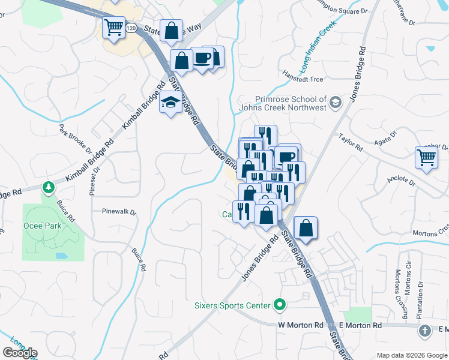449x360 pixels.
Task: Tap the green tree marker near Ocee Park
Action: (47, 188)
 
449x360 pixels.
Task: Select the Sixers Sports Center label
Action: (232, 305)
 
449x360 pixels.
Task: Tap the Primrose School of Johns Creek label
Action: (282, 103)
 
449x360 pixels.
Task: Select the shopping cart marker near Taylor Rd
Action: (426, 158)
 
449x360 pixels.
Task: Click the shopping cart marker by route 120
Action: (113, 27)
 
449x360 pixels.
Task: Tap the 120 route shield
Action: (131, 28)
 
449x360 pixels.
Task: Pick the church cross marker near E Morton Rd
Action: (424, 331)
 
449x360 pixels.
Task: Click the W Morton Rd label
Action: (297, 325)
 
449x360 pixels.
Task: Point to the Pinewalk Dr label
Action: (119, 211)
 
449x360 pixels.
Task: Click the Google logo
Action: (20, 353)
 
